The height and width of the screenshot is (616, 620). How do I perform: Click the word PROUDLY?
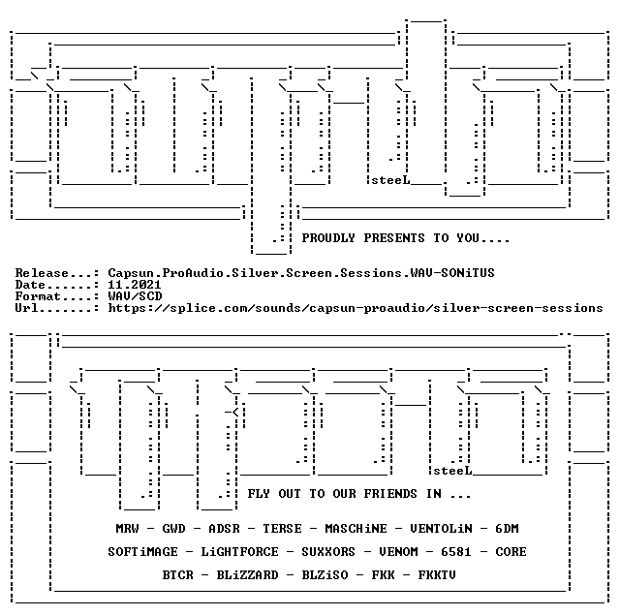click(x=328, y=238)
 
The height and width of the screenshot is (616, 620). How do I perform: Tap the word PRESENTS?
click(x=394, y=238)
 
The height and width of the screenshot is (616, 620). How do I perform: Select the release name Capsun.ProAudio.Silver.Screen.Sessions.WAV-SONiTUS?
click(x=301, y=273)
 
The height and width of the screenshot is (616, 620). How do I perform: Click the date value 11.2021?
click(x=135, y=285)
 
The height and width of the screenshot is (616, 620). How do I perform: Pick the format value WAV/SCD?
click(x=135, y=296)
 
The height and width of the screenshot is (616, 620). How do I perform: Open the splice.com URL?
click(x=356, y=308)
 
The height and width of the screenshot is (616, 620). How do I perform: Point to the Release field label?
click(x=42, y=273)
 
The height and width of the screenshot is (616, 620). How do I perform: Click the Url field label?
click(x=26, y=308)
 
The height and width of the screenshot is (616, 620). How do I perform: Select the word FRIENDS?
click(x=390, y=494)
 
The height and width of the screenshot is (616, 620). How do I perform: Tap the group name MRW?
click(x=127, y=529)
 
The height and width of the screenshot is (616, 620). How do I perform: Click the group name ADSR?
click(x=224, y=529)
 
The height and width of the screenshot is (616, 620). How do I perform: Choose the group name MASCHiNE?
click(x=356, y=529)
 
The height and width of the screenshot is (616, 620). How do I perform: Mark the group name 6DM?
click(x=507, y=529)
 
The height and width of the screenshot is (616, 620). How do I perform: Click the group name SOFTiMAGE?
click(x=142, y=552)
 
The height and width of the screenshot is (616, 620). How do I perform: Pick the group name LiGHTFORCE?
click(x=239, y=552)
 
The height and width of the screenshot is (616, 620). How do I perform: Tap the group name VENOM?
click(x=398, y=552)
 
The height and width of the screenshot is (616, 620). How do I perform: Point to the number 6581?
click(x=456, y=552)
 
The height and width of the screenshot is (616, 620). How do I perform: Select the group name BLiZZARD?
click(x=248, y=575)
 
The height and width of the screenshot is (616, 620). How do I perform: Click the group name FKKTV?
click(x=437, y=575)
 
